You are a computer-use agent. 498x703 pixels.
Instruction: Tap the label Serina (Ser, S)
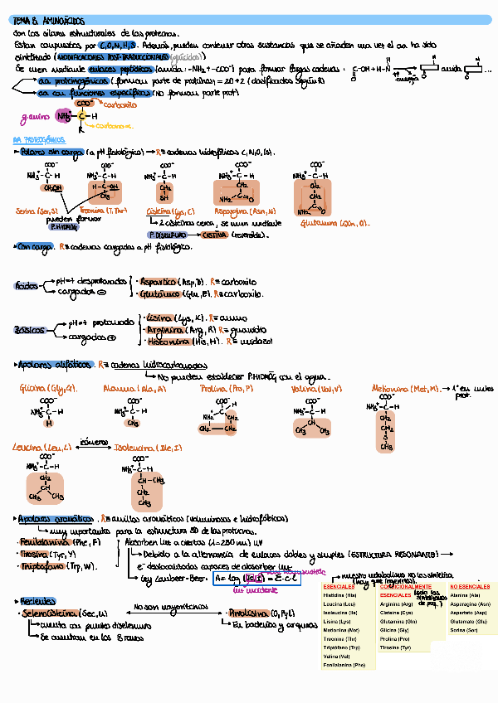click(x=37, y=211)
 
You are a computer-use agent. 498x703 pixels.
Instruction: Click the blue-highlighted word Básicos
click(x=29, y=330)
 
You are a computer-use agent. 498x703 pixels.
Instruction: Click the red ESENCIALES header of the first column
click(x=339, y=587)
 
